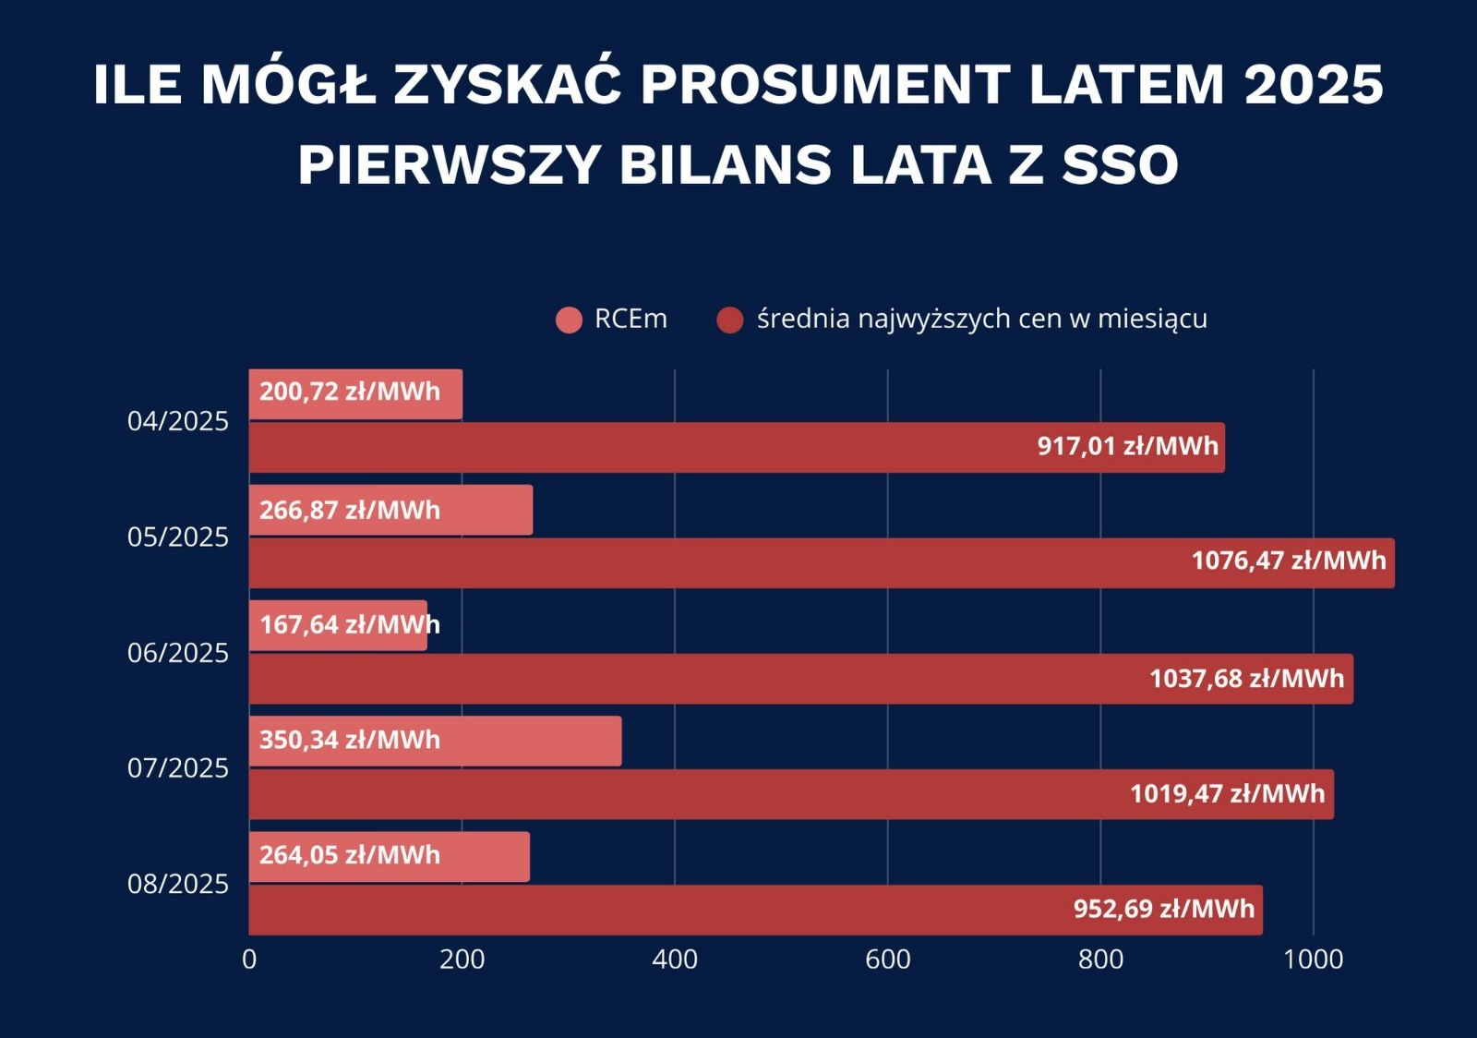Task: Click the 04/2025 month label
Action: pyautogui.click(x=177, y=421)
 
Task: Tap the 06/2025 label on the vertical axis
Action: pyautogui.click(x=177, y=653)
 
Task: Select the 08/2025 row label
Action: pyautogui.click(x=177, y=884)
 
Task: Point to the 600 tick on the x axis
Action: pyautogui.click(x=887, y=960)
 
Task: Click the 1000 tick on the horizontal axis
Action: pyautogui.click(x=1313, y=960)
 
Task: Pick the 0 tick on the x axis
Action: pyautogui.click(x=249, y=960)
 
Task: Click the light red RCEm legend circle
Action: pyautogui.click(x=570, y=320)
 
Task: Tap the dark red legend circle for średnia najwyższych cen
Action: pyautogui.click(x=730, y=320)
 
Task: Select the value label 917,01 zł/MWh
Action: pyautogui.click(x=1127, y=446)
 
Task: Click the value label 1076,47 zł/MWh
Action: pyautogui.click(x=1289, y=561)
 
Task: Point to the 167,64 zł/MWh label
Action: pyautogui.click(x=349, y=625)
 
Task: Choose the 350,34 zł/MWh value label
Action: pyautogui.click(x=349, y=740)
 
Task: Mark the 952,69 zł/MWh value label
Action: pyautogui.click(x=1163, y=909)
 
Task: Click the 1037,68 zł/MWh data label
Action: pyautogui.click(x=1246, y=679)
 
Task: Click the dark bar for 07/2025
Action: pyautogui.click(x=692, y=794)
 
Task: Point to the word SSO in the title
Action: pyautogui.click(x=1120, y=165)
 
